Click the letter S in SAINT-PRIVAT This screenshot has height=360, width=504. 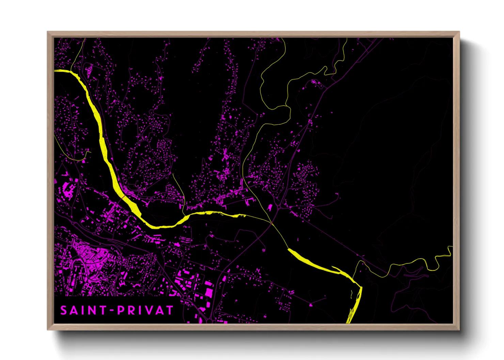(64, 310)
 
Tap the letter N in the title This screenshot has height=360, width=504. (92, 310)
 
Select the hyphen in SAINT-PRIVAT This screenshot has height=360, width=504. (111, 311)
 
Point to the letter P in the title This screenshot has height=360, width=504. (121, 310)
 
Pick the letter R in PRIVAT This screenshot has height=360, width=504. (132, 310)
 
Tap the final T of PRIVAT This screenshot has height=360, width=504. (170, 310)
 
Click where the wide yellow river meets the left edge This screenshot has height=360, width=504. (56, 71)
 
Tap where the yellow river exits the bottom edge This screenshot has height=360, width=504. (349, 322)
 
